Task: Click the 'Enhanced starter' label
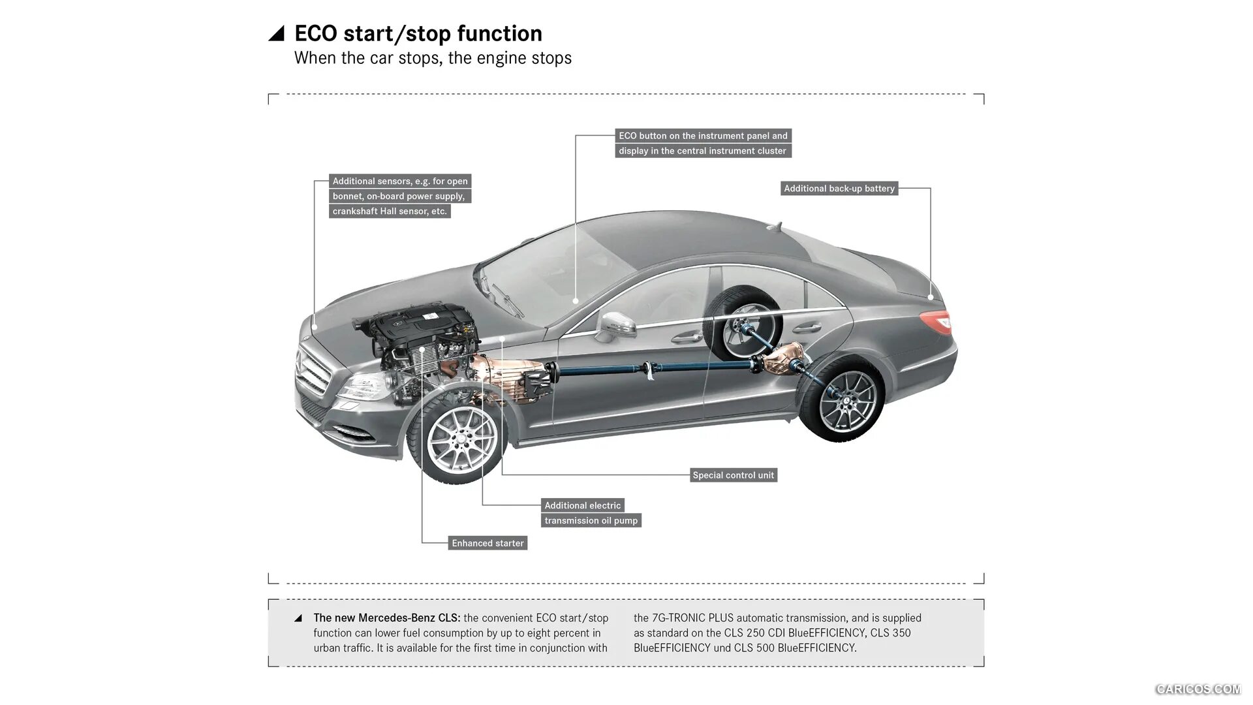click(x=487, y=543)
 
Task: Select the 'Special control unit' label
click(x=733, y=475)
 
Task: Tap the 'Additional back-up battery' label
click(x=839, y=189)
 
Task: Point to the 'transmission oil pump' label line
click(x=591, y=520)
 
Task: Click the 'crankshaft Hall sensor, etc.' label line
click(x=390, y=211)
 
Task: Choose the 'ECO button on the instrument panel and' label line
click(x=703, y=136)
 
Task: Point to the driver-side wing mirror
click(x=617, y=324)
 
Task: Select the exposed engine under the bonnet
click(x=418, y=339)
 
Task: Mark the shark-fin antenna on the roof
click(x=775, y=226)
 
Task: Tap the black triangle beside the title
click(x=277, y=34)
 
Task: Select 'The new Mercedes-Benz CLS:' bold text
click(x=387, y=618)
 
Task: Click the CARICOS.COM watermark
click(x=1198, y=689)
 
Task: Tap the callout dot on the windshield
click(x=576, y=301)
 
